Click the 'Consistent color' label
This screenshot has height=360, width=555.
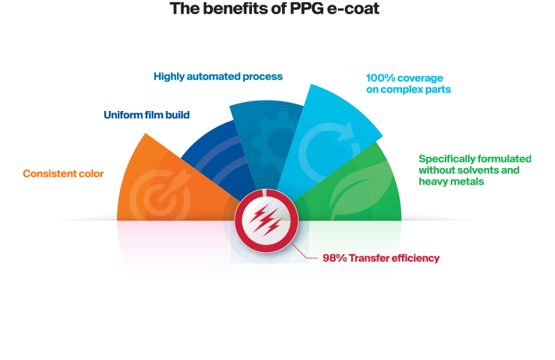tap(63, 174)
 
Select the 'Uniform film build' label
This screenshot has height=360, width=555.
tap(146, 115)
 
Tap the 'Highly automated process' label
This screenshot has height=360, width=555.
tap(217, 76)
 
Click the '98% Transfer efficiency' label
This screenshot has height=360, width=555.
tap(380, 258)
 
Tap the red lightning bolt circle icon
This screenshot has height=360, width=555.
tap(266, 220)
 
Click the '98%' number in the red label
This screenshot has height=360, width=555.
tap(334, 258)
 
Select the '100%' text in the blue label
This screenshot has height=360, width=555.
tap(381, 78)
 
